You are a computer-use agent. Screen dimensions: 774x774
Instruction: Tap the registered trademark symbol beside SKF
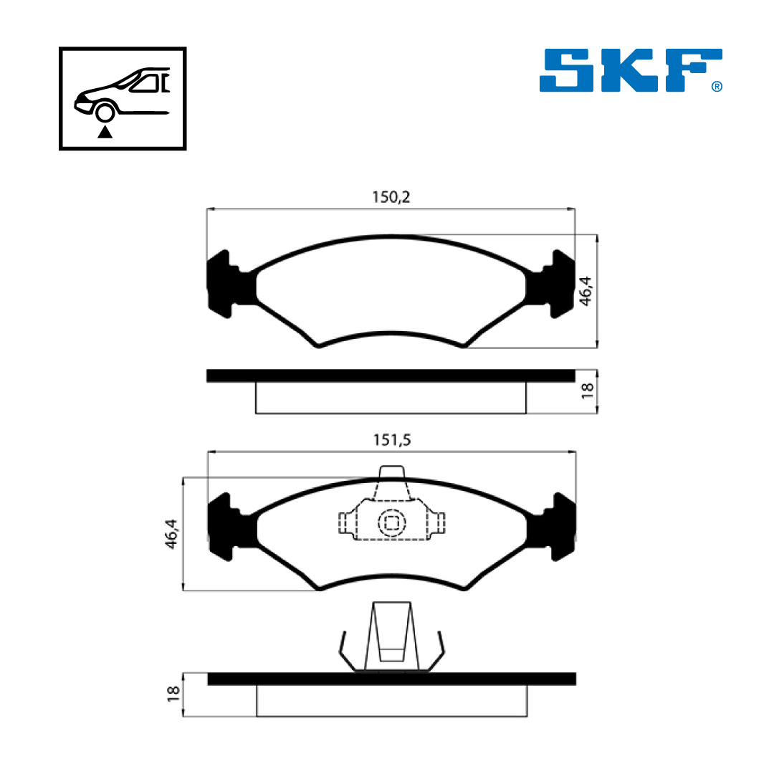(717, 87)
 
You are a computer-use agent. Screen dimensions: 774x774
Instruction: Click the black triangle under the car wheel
(105, 132)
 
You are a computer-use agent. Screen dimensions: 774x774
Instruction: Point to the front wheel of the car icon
(105, 113)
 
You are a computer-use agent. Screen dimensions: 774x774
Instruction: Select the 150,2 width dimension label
(391, 197)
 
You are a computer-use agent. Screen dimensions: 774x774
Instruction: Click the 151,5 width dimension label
(392, 439)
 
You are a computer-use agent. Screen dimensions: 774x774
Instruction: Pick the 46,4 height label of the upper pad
(586, 291)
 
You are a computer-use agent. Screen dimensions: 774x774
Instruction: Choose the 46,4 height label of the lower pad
(171, 534)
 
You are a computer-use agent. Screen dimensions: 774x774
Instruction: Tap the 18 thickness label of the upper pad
(587, 391)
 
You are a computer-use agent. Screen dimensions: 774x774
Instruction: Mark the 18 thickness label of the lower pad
(173, 694)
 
